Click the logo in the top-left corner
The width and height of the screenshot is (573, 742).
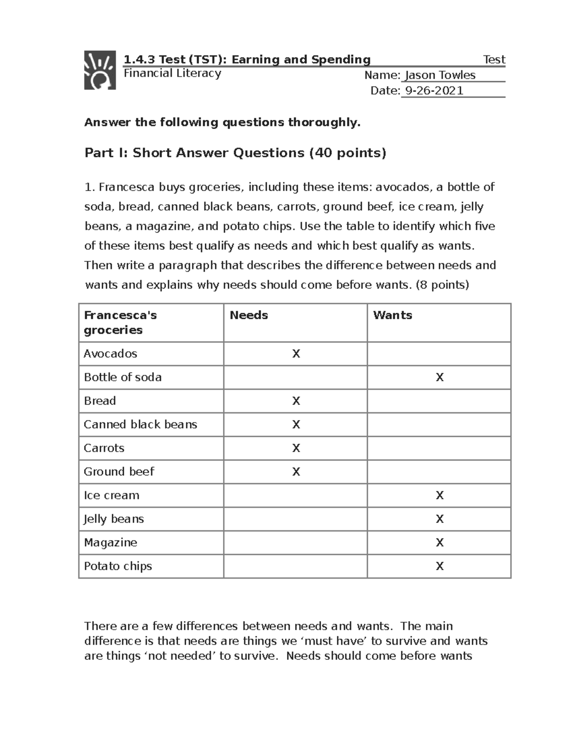pyautogui.click(x=100, y=70)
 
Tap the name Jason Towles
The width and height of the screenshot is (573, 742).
pyautogui.click(x=440, y=75)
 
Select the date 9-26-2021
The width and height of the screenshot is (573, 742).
pyautogui.click(x=434, y=91)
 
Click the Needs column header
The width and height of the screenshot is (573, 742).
pyautogui.click(x=249, y=315)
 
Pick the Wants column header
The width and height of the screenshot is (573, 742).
pyautogui.click(x=393, y=315)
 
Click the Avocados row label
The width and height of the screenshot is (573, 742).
pyautogui.click(x=110, y=354)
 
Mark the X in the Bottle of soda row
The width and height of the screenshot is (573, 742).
pyautogui.click(x=440, y=377)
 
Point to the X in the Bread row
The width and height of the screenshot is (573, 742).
pyautogui.click(x=296, y=401)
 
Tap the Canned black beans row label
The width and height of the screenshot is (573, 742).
pyautogui.click(x=140, y=425)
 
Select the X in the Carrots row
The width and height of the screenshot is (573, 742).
pyautogui.click(x=296, y=448)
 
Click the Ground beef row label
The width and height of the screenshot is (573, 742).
pyautogui.click(x=119, y=472)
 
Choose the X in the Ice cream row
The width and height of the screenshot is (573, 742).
pyautogui.click(x=440, y=495)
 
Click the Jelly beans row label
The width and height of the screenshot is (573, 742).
pyautogui.click(x=114, y=519)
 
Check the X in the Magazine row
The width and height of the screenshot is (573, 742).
pyautogui.click(x=440, y=543)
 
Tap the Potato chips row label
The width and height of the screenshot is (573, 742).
pyautogui.click(x=118, y=566)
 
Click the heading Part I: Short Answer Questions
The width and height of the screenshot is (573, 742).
pyautogui.click(x=235, y=153)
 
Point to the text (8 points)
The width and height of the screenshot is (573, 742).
pyautogui.click(x=443, y=285)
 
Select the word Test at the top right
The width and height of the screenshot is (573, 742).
pyautogui.click(x=494, y=60)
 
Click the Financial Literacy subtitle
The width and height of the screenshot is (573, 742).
pyautogui.click(x=172, y=73)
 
